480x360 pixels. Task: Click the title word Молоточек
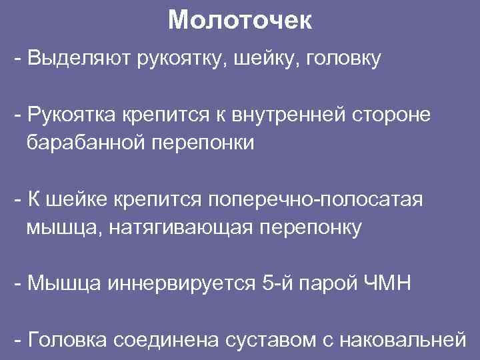tap(239, 20)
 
